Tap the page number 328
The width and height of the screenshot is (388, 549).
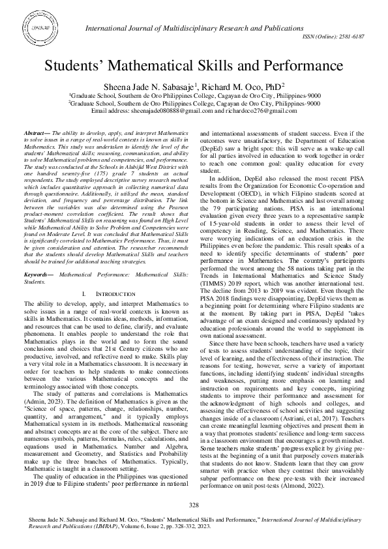194,505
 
